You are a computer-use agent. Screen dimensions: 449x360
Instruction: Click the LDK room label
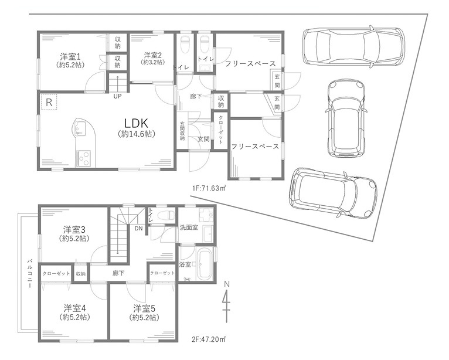[x=137, y=123]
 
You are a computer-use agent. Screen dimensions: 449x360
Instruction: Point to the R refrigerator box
[x=49, y=102]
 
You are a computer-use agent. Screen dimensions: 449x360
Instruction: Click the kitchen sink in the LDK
[x=80, y=128]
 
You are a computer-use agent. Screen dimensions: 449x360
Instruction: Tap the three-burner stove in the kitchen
[x=83, y=158]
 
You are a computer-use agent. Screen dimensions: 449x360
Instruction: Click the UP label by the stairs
[x=117, y=97]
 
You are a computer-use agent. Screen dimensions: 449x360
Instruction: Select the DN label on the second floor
[x=138, y=228]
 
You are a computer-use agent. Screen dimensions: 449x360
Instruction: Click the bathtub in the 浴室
[x=205, y=264]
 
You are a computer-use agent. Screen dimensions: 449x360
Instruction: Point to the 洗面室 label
[x=189, y=227]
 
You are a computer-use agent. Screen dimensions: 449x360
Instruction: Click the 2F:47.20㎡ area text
[x=209, y=339]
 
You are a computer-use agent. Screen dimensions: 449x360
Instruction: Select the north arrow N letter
[x=227, y=284]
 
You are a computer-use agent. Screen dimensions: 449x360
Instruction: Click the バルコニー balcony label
[x=29, y=274]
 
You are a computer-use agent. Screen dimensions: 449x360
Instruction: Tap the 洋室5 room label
[x=144, y=309]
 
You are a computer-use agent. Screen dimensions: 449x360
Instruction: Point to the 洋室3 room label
[x=74, y=230]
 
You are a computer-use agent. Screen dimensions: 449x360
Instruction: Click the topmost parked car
[x=353, y=46]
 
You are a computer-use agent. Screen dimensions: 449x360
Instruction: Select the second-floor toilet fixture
[x=166, y=215]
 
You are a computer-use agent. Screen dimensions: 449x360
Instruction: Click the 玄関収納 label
[x=182, y=131]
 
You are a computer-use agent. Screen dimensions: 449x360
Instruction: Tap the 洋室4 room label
[x=75, y=309]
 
